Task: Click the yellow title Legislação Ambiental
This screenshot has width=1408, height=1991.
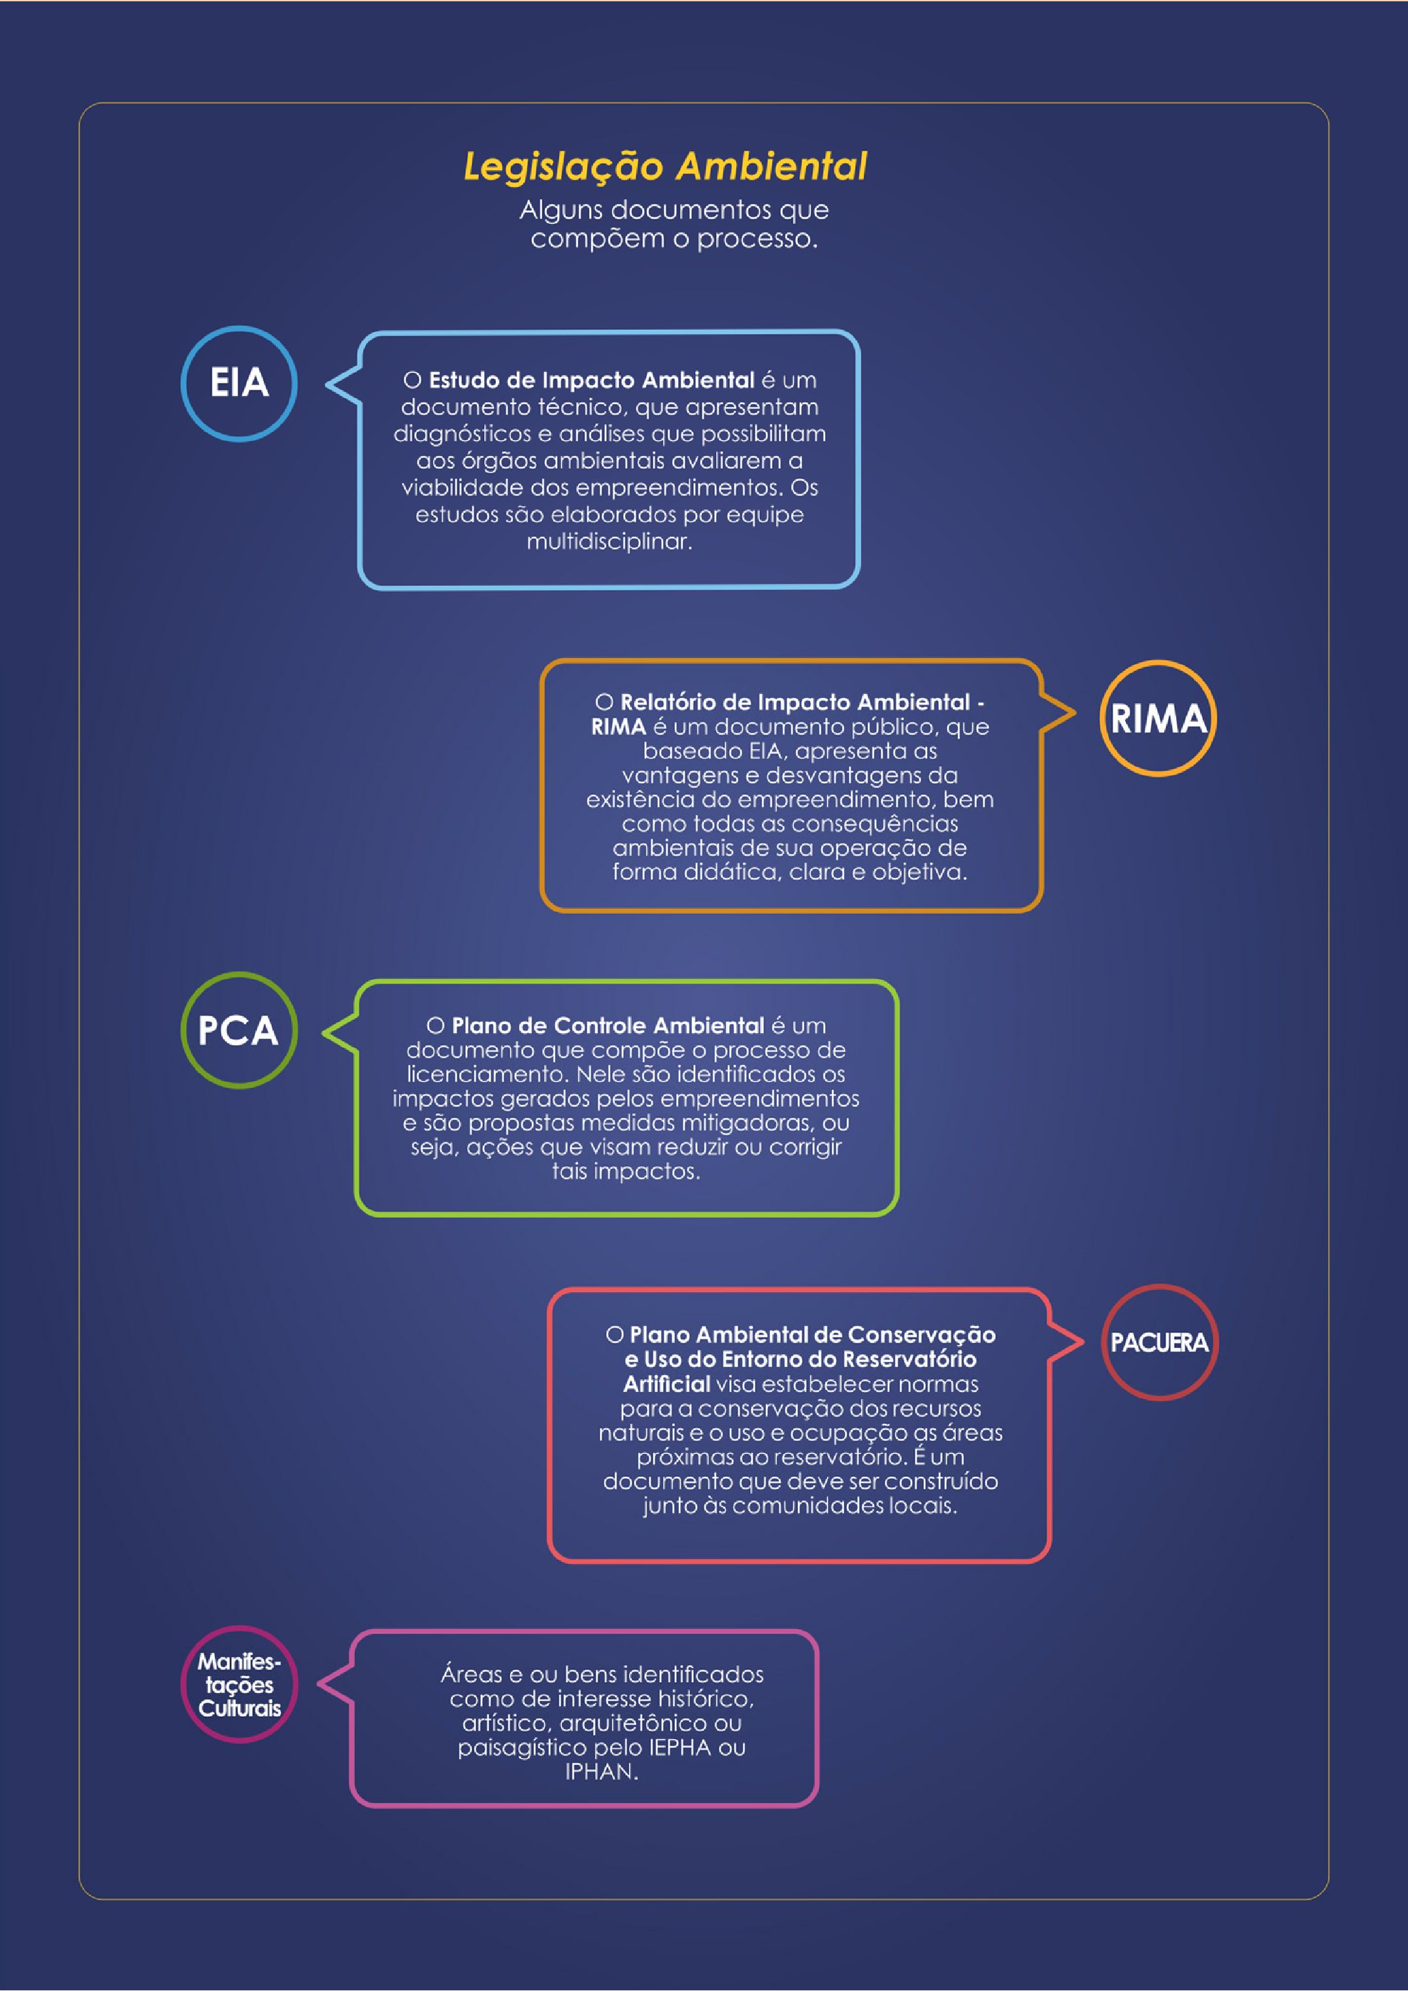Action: tap(666, 166)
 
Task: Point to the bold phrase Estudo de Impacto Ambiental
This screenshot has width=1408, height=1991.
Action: tap(592, 380)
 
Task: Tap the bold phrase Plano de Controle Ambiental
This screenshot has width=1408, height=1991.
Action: tap(607, 1026)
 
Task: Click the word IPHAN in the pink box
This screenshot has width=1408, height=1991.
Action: tap(601, 1772)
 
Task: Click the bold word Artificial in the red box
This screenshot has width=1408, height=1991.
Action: tap(666, 1384)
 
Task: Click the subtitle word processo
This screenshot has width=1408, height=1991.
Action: tap(757, 240)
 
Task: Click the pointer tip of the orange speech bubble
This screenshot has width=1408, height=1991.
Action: tap(1076, 714)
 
